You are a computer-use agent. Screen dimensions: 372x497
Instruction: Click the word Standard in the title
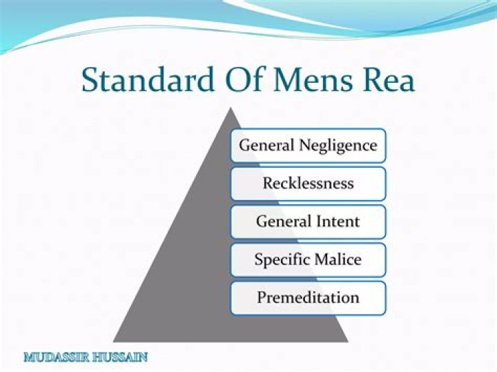(143, 80)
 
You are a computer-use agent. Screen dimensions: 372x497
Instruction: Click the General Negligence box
(308, 146)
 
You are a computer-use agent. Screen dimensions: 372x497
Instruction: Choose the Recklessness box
(308, 184)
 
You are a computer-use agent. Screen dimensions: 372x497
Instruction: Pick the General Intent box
(308, 222)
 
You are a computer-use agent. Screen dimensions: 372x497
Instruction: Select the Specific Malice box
(308, 260)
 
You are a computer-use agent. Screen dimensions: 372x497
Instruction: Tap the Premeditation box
(308, 298)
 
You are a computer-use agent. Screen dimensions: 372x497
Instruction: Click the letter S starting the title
(90, 80)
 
